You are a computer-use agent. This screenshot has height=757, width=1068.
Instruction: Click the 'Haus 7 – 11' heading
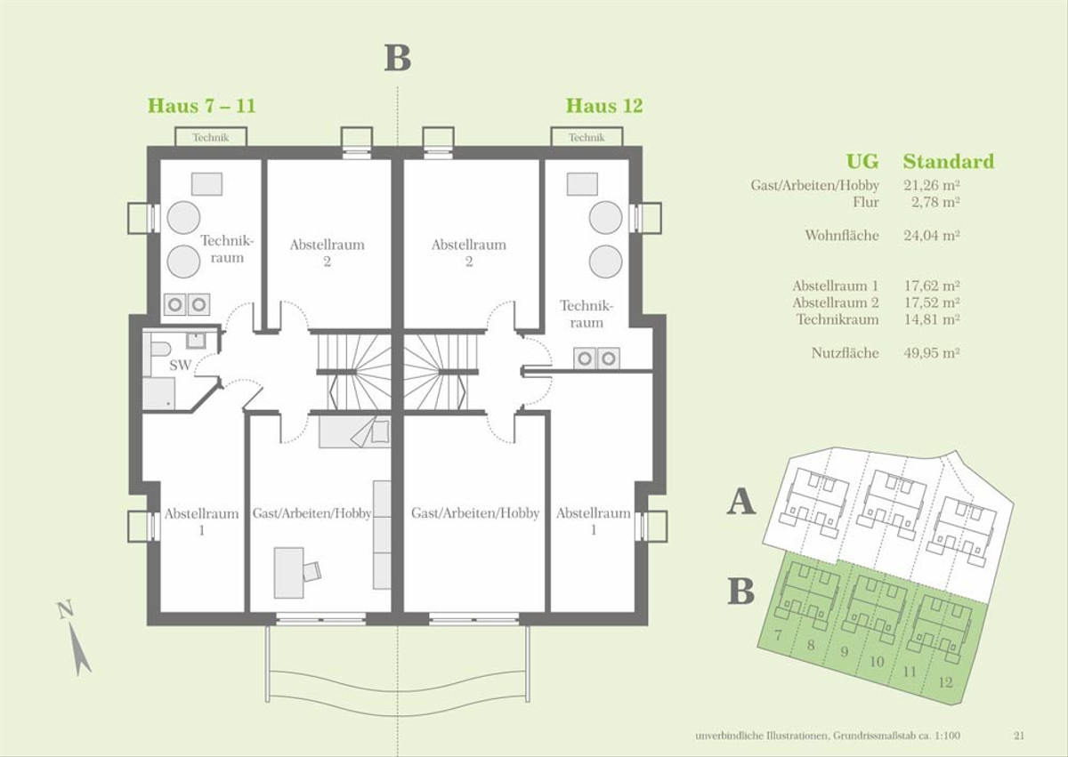pyautogui.click(x=202, y=105)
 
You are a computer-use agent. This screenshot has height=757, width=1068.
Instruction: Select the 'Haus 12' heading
pyautogui.click(x=604, y=105)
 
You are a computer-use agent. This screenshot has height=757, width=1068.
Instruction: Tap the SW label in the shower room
pyautogui.click(x=180, y=366)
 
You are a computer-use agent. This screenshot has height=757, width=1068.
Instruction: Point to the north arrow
pyautogui.click(x=78, y=648)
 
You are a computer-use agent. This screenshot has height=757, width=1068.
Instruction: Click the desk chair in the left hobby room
pyautogui.click(x=311, y=571)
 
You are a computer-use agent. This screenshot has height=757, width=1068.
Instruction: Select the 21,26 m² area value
pyautogui.click(x=932, y=185)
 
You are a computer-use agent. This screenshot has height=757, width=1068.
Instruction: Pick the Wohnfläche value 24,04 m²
pyautogui.click(x=932, y=236)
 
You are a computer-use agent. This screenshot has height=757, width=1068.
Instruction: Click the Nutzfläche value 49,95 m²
pyautogui.click(x=932, y=353)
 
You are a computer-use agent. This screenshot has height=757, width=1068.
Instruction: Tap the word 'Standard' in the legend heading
pyautogui.click(x=949, y=162)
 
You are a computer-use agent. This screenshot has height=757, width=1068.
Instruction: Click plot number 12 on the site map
pyautogui.click(x=945, y=682)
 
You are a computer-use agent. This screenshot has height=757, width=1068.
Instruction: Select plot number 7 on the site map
pyautogui.click(x=778, y=635)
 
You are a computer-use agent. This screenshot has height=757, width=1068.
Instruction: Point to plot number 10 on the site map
pyautogui.click(x=877, y=662)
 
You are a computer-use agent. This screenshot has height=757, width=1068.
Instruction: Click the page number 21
pyautogui.click(x=1019, y=736)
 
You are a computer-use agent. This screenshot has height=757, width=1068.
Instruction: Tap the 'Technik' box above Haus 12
pyautogui.click(x=587, y=137)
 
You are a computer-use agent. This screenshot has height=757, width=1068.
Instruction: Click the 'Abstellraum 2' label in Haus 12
pyautogui.click(x=469, y=253)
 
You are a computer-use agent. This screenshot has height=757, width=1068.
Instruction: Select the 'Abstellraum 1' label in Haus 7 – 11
pyautogui.click(x=202, y=521)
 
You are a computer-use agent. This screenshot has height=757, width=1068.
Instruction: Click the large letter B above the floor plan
pyautogui.click(x=398, y=58)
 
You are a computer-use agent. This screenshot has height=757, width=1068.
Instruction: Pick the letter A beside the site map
pyautogui.click(x=740, y=501)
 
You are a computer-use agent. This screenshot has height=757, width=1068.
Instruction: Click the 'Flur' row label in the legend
pyautogui.click(x=866, y=202)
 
